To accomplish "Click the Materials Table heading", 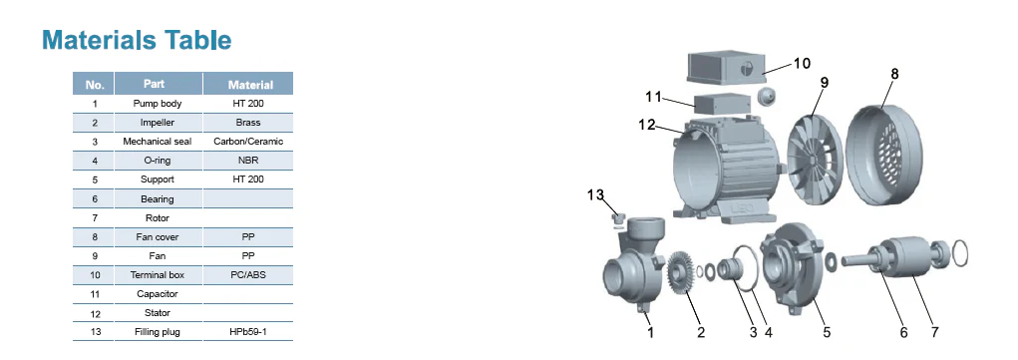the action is [x=137, y=40].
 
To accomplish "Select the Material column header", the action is [x=250, y=85].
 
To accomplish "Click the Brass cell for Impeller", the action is [x=248, y=123].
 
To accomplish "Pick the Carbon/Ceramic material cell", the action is [x=248, y=141].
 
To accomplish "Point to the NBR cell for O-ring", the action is [x=248, y=160].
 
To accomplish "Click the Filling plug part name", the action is [x=158, y=332].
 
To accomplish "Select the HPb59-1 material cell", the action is [x=248, y=332].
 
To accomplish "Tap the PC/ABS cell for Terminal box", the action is [x=248, y=275].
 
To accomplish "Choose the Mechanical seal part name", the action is [x=158, y=141].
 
